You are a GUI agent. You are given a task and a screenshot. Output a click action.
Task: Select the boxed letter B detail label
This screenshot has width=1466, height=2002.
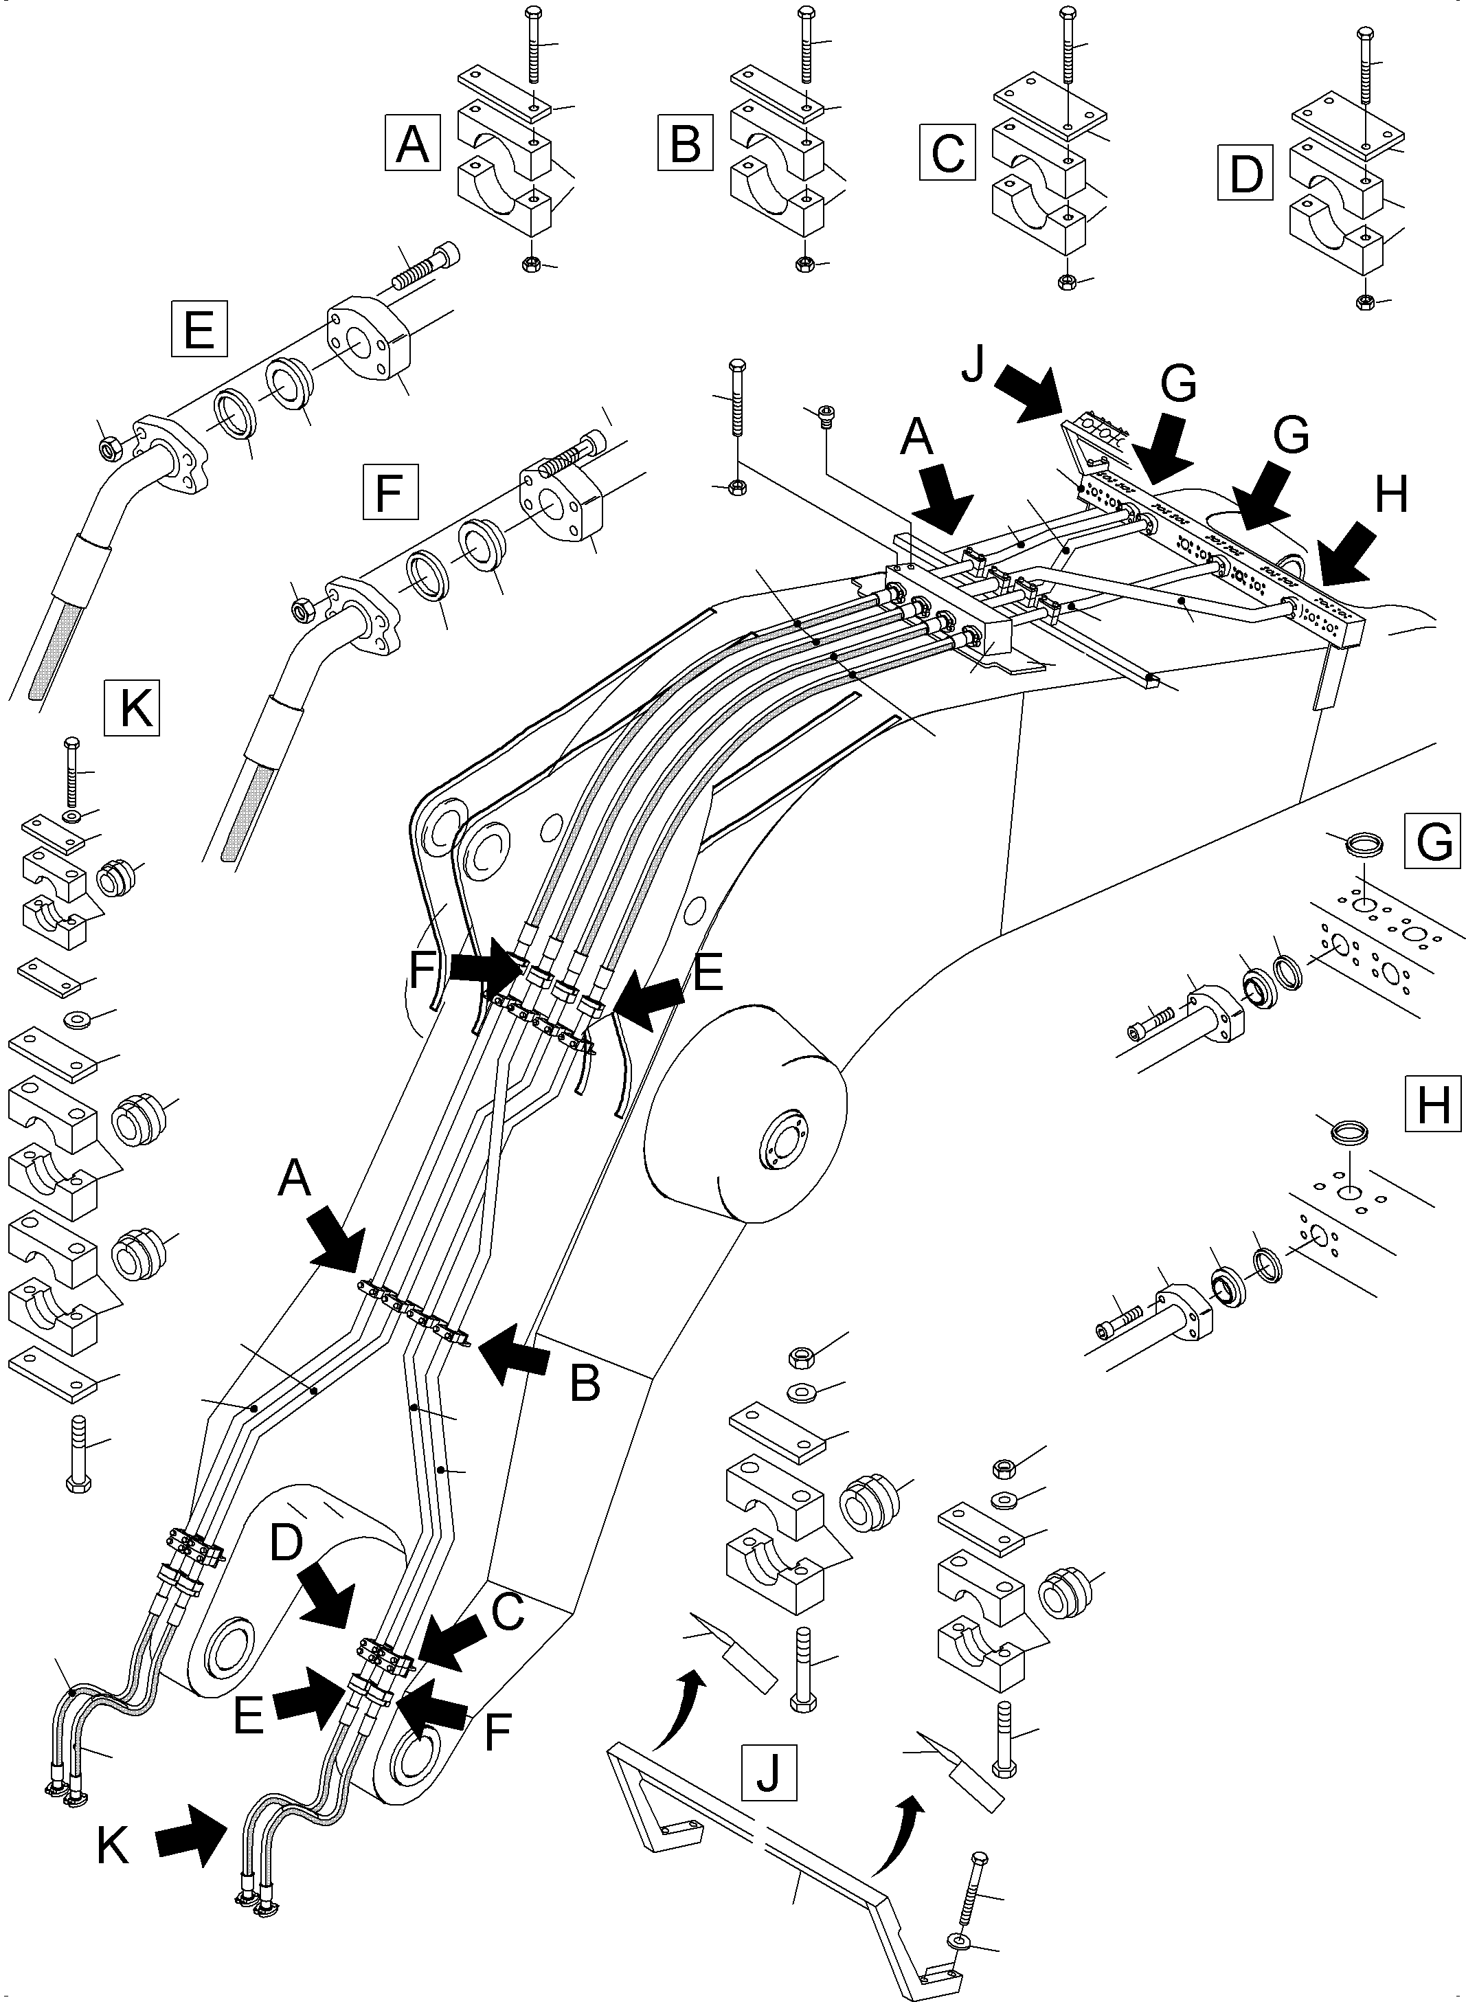pos(685,143)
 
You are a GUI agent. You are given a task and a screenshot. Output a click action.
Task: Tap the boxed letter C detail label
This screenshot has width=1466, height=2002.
pos(948,153)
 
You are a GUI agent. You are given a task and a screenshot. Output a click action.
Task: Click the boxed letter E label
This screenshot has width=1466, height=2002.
pos(199,329)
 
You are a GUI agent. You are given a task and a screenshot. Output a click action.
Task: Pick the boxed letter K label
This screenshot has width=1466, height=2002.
pos(132,707)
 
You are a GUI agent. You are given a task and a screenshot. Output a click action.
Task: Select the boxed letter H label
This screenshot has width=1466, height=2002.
pos(1433,1105)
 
